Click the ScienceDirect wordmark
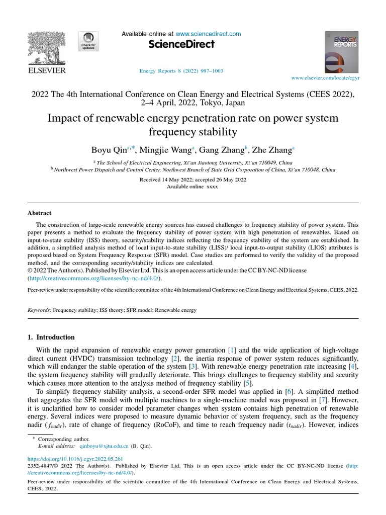tap(181, 44)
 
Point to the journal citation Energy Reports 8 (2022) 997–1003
tap(180, 70)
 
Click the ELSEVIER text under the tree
tap(46, 71)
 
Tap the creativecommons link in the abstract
tap(94, 278)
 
